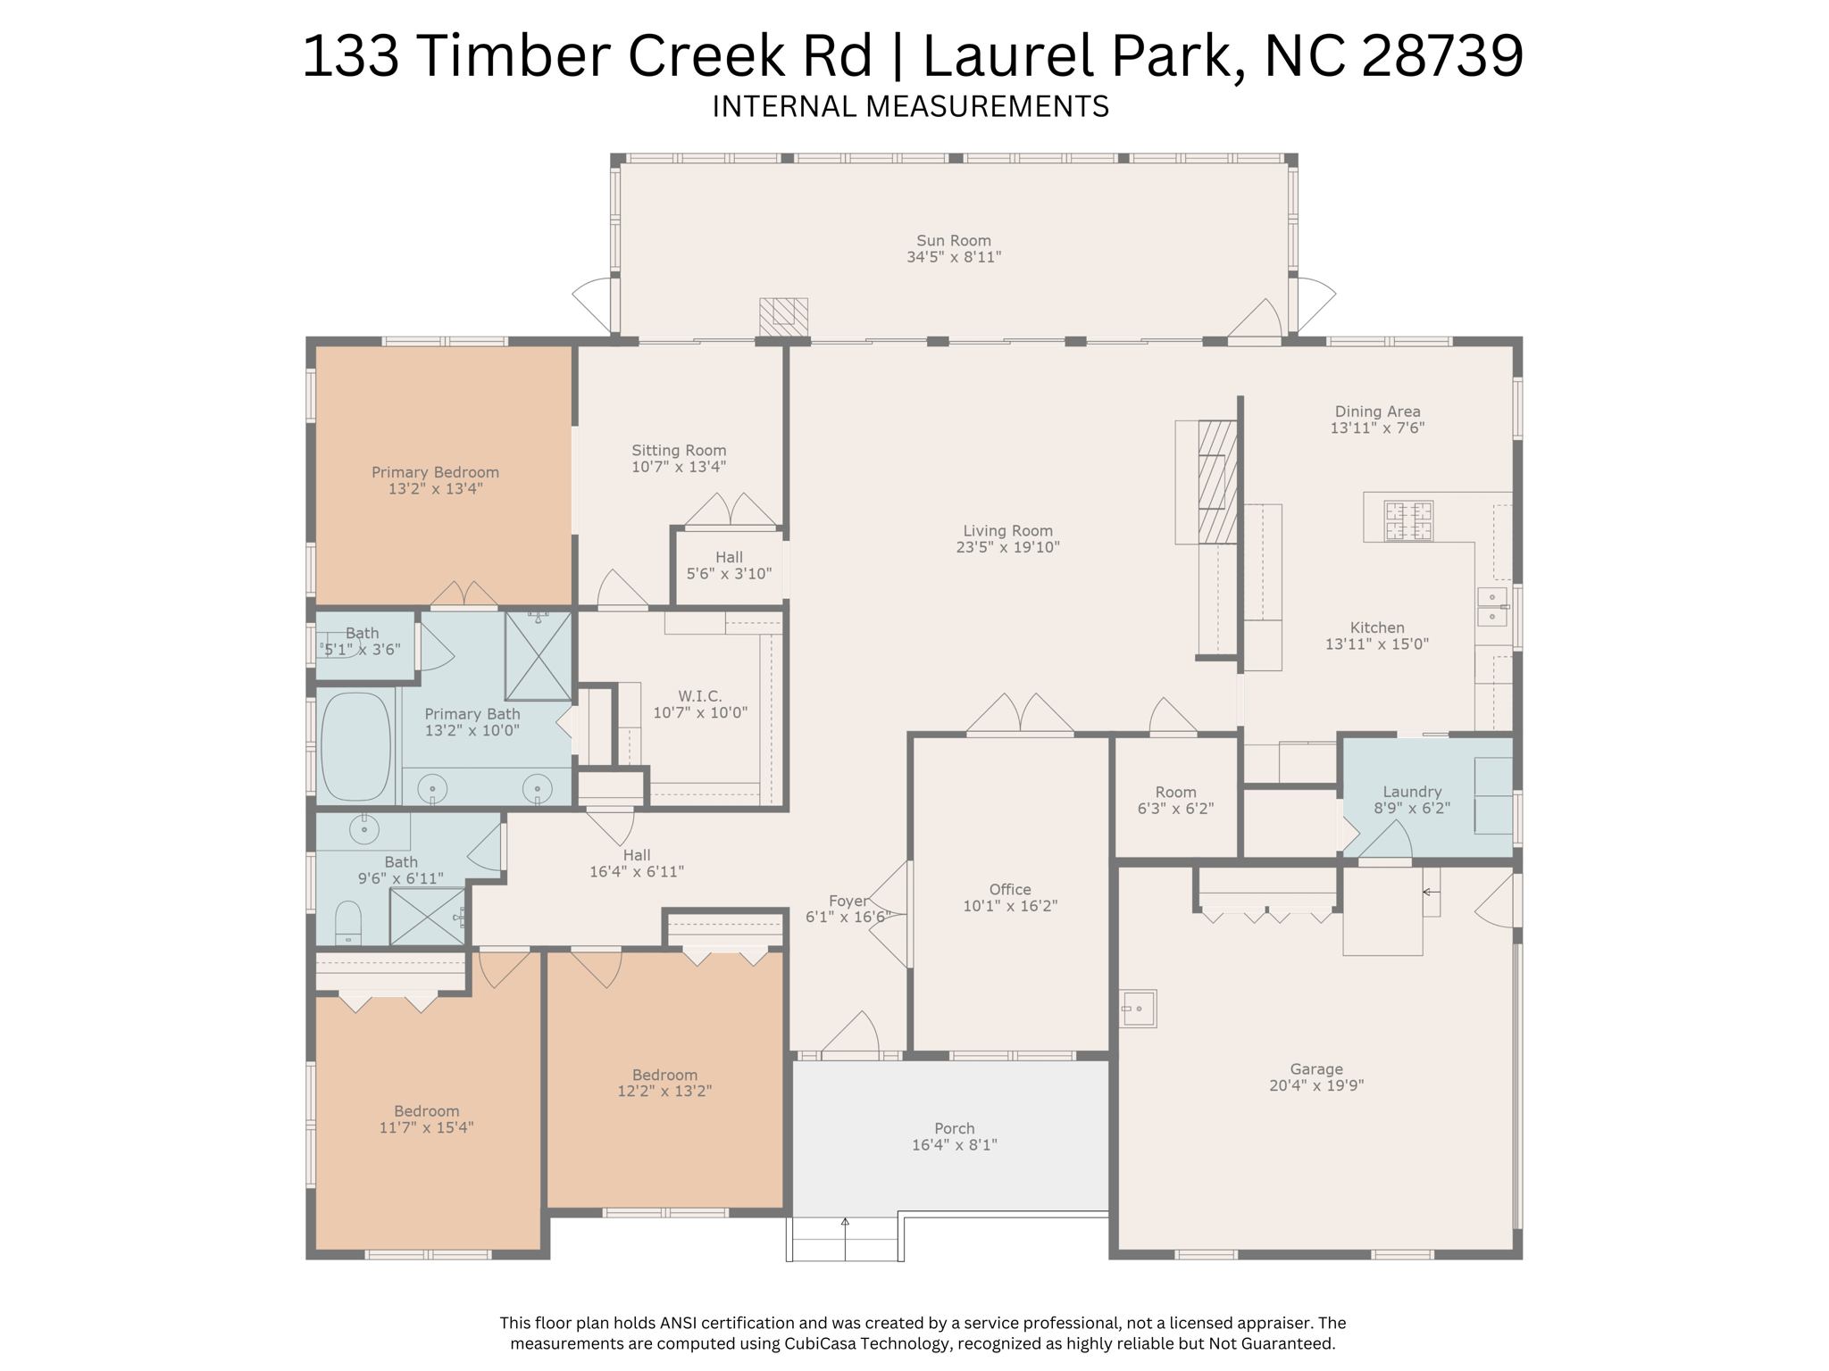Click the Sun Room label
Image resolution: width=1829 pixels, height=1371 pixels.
pyautogui.click(x=953, y=240)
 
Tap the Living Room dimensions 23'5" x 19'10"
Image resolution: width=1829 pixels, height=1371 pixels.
pyautogui.click(x=1007, y=547)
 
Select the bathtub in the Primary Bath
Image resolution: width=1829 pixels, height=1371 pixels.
pyautogui.click(x=355, y=746)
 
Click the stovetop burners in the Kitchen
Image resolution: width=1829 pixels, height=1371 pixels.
pyautogui.click(x=1408, y=520)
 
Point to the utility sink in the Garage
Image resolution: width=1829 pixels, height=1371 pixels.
pyautogui.click(x=1139, y=1009)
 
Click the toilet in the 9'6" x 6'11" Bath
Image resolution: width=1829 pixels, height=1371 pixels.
pyautogui.click(x=347, y=923)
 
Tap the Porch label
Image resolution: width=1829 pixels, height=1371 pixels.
pyautogui.click(x=954, y=1128)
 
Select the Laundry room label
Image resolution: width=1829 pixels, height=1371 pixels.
pyautogui.click(x=1411, y=792)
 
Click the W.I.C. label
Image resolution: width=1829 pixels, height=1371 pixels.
pyautogui.click(x=699, y=695)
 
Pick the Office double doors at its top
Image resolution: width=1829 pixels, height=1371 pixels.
pyautogui.click(x=1020, y=715)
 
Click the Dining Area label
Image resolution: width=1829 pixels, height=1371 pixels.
pyautogui.click(x=1377, y=411)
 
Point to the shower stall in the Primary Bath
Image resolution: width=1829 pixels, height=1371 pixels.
pyautogui.click(x=538, y=656)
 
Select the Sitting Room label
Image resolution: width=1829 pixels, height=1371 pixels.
pyautogui.click(x=679, y=450)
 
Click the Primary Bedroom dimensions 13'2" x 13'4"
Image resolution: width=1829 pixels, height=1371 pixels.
pyautogui.click(x=435, y=488)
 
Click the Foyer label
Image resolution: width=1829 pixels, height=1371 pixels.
pyautogui.click(x=848, y=901)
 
